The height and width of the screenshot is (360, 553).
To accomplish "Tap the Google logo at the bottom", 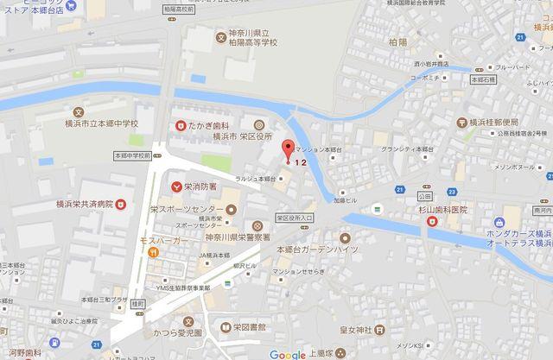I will click(x=288, y=354).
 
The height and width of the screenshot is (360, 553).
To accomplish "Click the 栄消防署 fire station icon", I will click(x=176, y=185).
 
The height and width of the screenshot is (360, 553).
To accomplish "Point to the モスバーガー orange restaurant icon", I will click(x=151, y=252).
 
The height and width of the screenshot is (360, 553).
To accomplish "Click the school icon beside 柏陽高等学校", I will click(x=220, y=37).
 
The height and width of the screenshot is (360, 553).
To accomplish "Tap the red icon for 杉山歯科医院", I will click(x=429, y=222).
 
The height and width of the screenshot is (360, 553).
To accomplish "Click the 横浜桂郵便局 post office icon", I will click(x=464, y=123).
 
